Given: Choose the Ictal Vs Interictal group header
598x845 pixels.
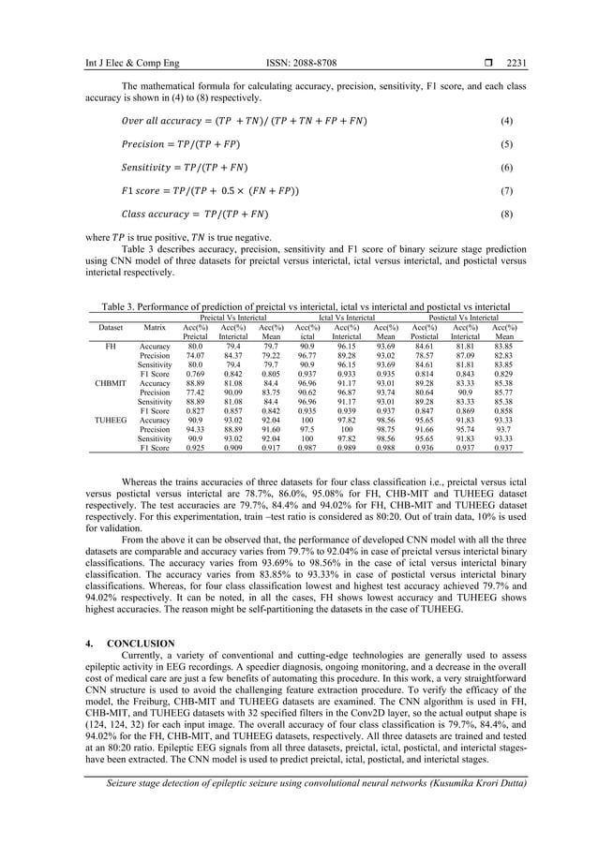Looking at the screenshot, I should coord(347,318).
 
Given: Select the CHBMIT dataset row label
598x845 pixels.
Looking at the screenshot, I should coord(111,383).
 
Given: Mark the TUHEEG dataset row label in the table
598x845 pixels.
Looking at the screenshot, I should coord(111,420).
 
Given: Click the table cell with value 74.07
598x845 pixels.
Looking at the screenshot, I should coord(195,356).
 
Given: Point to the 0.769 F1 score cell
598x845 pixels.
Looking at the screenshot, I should coord(195,374).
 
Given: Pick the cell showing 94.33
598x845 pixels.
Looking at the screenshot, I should coord(195,429).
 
